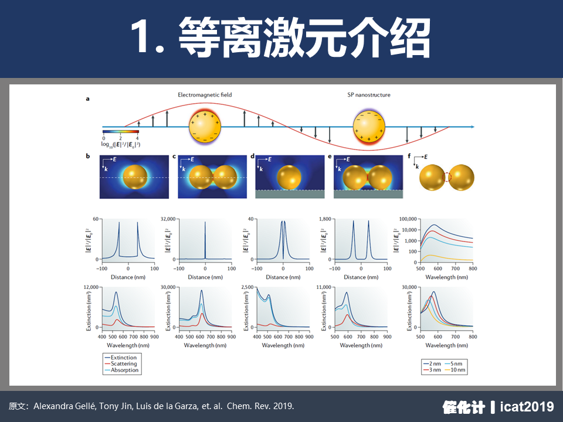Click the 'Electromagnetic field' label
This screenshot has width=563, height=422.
(205, 95)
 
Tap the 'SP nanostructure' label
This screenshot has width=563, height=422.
(369, 95)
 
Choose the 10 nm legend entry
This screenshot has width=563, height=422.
(455, 370)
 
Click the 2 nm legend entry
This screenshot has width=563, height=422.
(432, 363)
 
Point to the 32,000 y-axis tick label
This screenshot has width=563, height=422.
(168, 219)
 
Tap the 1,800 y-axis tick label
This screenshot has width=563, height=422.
(325, 219)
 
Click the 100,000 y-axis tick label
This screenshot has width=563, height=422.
(408, 219)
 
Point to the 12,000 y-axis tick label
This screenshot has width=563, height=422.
(91, 287)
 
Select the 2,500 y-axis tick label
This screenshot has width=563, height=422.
(247, 287)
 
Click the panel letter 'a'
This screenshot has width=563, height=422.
(87, 99)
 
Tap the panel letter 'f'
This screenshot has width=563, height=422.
(409, 156)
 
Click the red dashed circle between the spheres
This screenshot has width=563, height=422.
(446, 177)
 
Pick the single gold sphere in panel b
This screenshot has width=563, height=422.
(135, 177)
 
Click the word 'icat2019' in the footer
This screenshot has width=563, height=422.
(527, 407)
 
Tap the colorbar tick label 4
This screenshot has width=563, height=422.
(137, 138)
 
